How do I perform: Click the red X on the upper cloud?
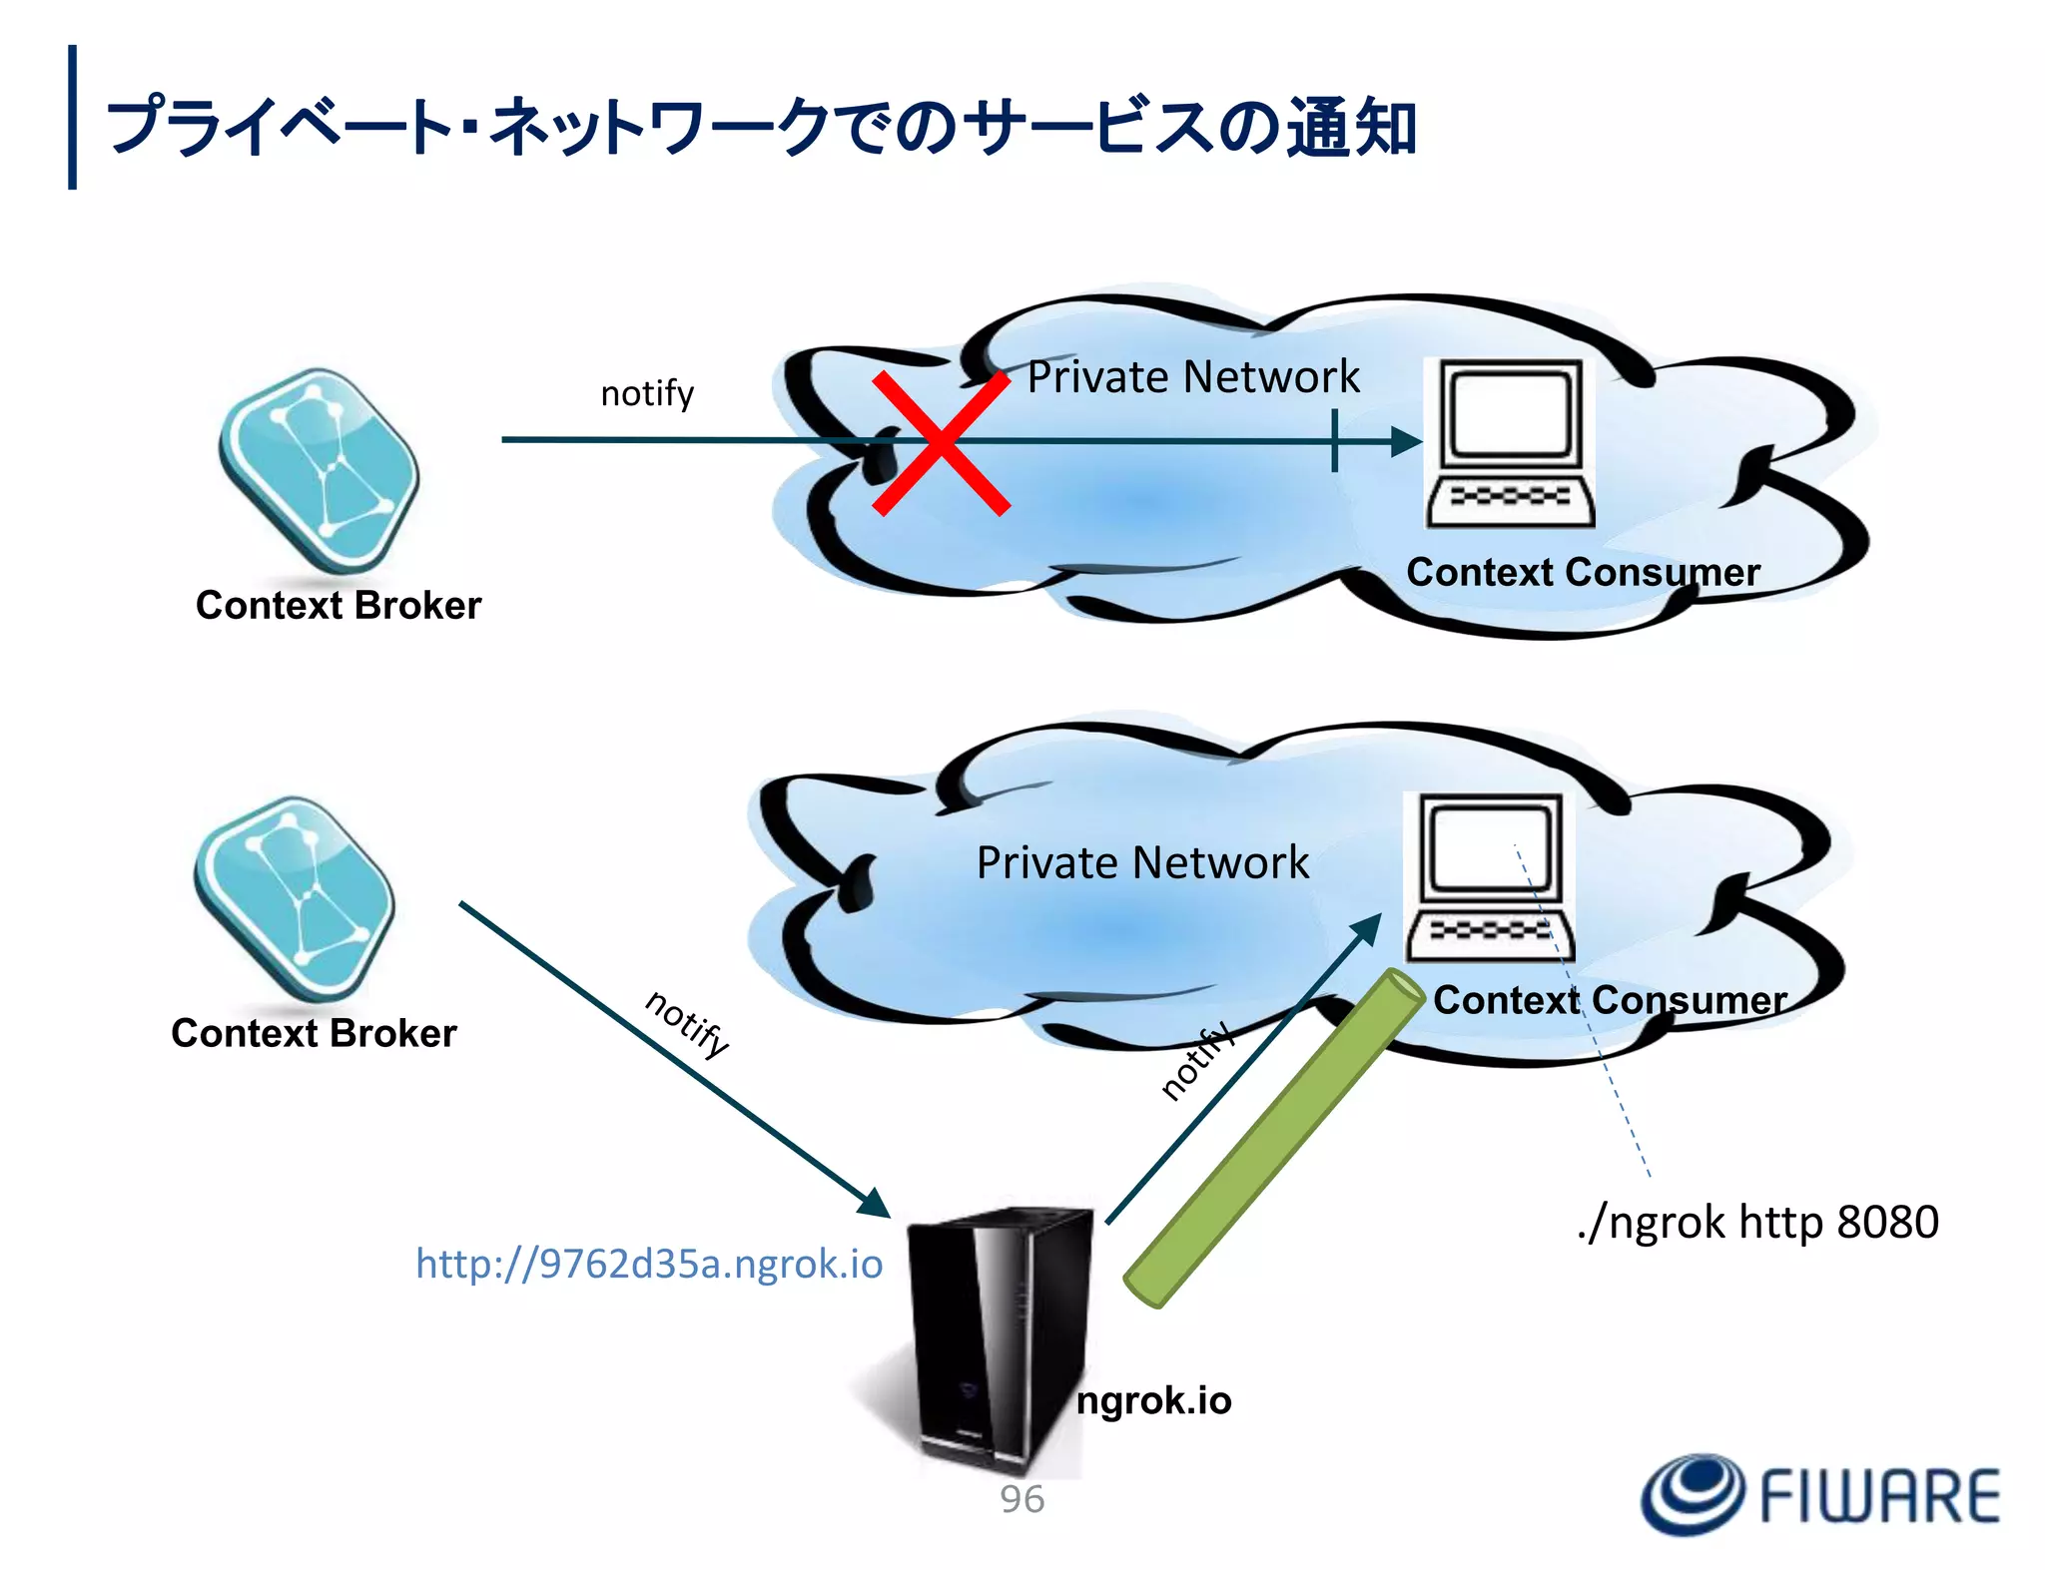[x=941, y=442]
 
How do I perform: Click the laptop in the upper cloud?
[x=1510, y=444]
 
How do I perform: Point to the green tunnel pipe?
[x=1273, y=1138]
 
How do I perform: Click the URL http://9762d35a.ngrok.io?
[x=649, y=1264]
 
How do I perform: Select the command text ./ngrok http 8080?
[x=1757, y=1222]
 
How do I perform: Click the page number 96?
[x=1022, y=1499]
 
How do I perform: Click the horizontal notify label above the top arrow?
[x=647, y=393]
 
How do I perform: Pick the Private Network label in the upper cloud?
[x=1193, y=377]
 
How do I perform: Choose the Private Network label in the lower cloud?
[x=1142, y=862]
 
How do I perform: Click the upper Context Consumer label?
[x=1583, y=572]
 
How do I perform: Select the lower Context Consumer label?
[x=1609, y=999]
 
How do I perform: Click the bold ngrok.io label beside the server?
[x=1153, y=1400]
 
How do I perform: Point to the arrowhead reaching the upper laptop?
[x=1406, y=441]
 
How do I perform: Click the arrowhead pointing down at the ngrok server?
[x=875, y=1204]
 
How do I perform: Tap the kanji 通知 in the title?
[x=1350, y=128]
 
